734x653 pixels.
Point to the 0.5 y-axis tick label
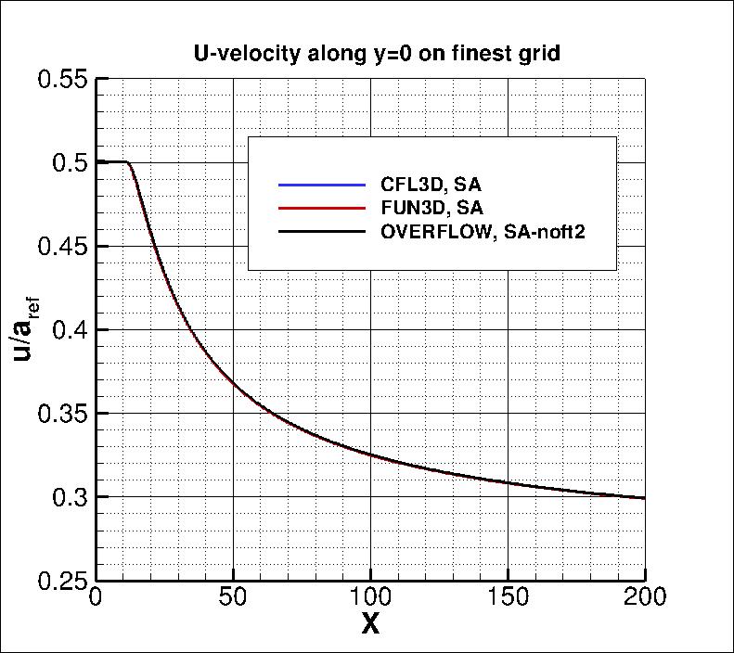coord(71,163)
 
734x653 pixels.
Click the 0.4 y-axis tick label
coord(71,330)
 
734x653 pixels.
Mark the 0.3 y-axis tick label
coord(71,497)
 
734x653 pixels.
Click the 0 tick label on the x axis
coord(95,596)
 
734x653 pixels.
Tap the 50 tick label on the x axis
coord(233,596)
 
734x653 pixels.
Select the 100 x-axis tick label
coord(370,596)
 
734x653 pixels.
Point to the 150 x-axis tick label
coord(508,596)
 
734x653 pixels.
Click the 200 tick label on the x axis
coord(645,596)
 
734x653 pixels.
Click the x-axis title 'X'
coord(370,624)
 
